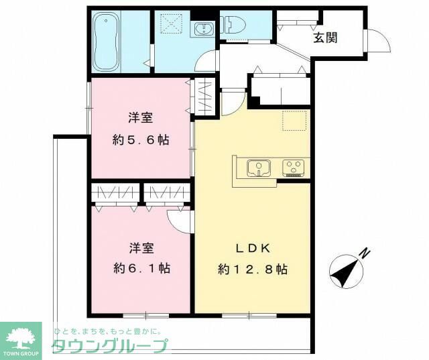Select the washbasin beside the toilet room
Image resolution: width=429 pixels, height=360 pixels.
click(201, 28)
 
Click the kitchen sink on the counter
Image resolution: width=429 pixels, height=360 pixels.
click(257, 168)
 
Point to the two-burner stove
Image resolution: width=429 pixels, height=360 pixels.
click(294, 167)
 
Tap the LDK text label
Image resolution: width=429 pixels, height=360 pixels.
click(252, 248)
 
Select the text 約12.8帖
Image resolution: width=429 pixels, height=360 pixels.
click(253, 269)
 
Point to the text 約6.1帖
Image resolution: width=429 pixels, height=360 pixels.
click(141, 269)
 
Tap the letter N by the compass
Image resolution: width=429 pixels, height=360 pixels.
click(364, 253)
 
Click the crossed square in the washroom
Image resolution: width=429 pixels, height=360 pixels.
click(174, 25)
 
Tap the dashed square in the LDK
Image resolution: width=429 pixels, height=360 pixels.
click(293, 120)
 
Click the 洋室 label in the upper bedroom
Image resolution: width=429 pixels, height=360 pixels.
click(141, 119)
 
